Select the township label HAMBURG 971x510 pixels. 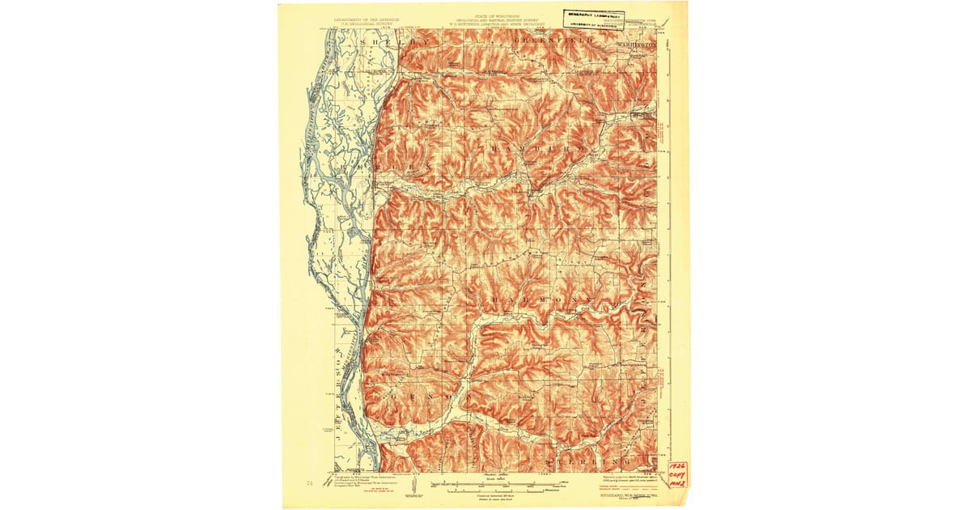pos(528,151)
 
